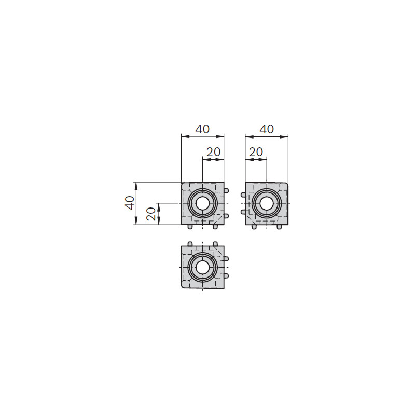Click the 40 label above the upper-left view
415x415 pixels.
202,129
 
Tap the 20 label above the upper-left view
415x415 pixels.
213,152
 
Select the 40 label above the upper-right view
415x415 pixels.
267,129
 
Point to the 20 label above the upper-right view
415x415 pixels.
256,152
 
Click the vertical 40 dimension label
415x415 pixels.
130,203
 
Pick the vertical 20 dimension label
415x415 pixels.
151,214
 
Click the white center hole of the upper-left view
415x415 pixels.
202,203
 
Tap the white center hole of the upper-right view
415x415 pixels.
267,203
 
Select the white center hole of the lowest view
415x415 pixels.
202,267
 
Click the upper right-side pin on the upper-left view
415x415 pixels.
226,190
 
